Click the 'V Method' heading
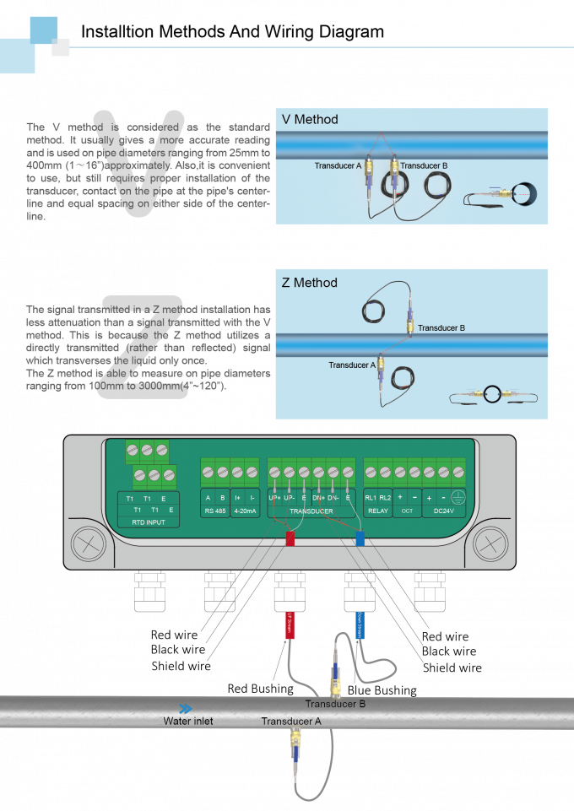coord(309,120)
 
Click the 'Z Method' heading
coord(309,283)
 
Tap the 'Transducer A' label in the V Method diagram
coord(338,166)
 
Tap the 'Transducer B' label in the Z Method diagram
coord(441,328)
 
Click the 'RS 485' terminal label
coord(214,511)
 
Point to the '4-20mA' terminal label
coord(244,511)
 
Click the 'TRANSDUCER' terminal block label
coord(311,511)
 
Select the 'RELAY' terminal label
coord(377,511)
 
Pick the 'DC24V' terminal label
coord(443,511)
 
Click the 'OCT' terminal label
coord(407,511)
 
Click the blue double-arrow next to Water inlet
coord(185,709)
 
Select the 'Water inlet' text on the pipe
coord(188,722)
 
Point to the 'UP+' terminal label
coord(274,498)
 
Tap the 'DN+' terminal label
coord(318,498)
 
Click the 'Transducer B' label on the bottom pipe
coord(335,703)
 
